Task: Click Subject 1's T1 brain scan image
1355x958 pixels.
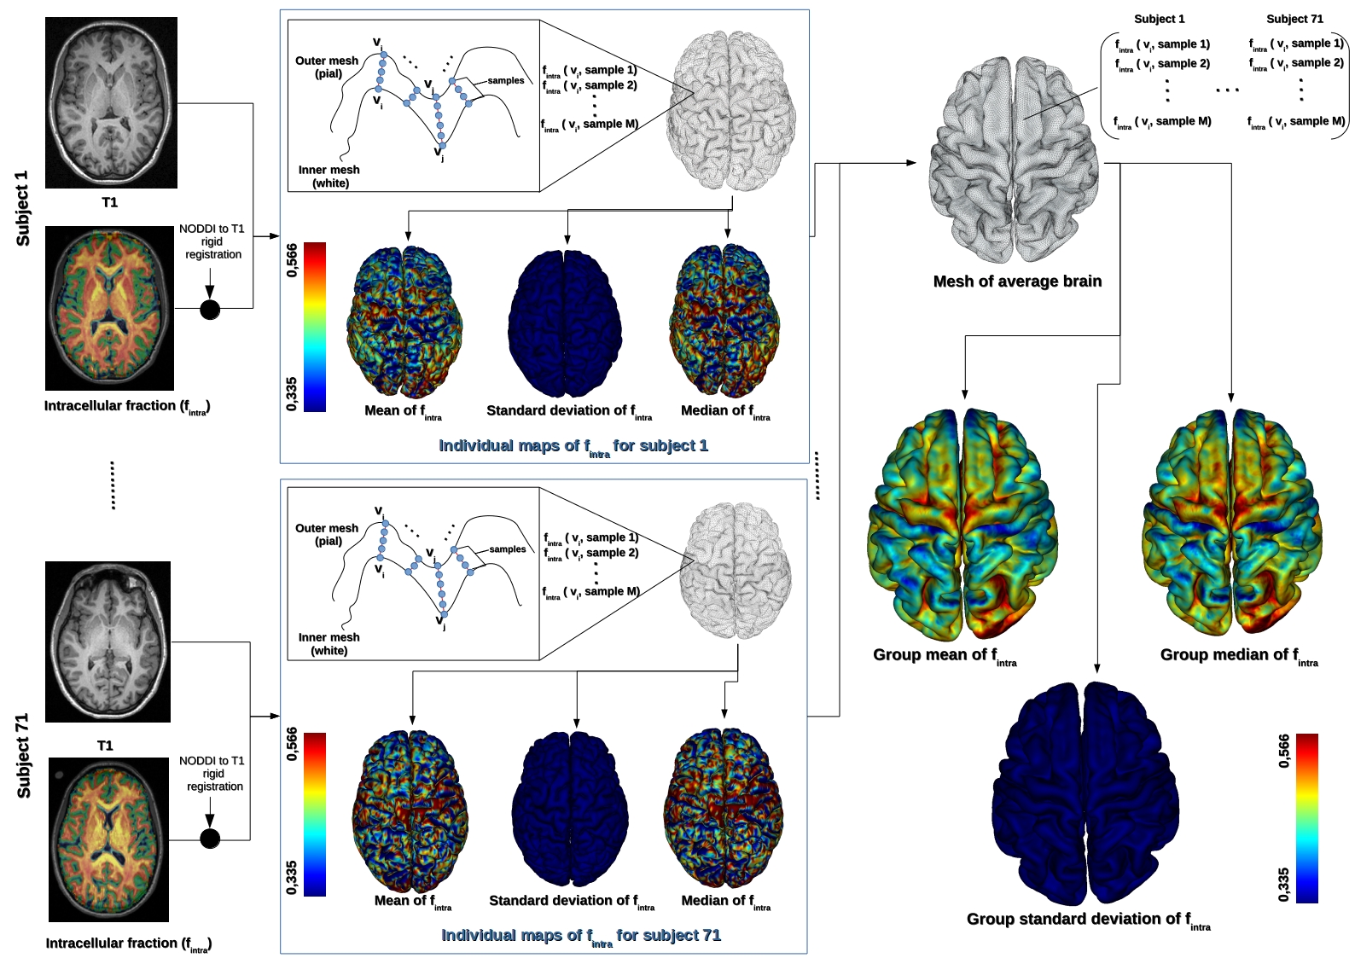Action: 111,102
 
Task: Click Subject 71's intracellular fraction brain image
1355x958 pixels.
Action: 108,839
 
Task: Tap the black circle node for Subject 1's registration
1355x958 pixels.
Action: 210,309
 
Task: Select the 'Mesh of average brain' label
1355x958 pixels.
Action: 1017,282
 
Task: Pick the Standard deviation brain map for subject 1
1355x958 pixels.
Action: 565,323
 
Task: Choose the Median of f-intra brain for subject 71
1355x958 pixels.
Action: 724,810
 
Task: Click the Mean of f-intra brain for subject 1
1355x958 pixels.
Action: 404,322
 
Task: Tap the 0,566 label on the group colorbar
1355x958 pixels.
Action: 1284,751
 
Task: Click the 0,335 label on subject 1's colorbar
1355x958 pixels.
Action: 292,394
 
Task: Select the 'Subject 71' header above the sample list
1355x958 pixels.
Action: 1294,19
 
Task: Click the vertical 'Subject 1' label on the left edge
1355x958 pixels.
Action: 23,208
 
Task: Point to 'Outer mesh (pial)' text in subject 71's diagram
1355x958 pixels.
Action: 328,534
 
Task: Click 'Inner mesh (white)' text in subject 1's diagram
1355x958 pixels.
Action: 329,177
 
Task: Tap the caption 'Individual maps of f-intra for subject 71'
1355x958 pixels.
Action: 580,936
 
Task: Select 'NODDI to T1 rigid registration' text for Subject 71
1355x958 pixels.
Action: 212,773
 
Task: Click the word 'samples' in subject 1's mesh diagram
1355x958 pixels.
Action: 506,80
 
